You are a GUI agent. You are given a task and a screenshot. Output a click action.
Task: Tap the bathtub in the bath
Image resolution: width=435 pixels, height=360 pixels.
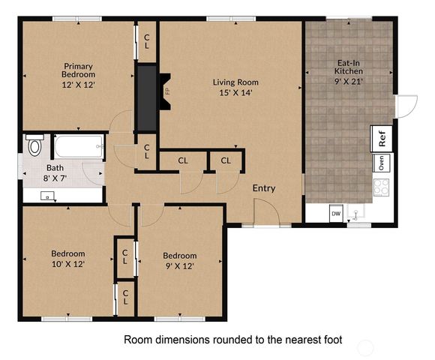[x=76, y=146]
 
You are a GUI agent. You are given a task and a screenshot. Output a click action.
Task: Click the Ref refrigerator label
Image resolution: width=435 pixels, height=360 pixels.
[x=382, y=139]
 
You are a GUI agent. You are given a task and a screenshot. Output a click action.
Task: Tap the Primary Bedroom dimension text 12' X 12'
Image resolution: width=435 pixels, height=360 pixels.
[x=79, y=85]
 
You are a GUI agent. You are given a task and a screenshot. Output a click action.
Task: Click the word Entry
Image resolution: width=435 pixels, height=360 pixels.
[x=264, y=187]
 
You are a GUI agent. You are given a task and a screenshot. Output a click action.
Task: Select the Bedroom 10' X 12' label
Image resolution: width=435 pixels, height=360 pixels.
[x=67, y=259]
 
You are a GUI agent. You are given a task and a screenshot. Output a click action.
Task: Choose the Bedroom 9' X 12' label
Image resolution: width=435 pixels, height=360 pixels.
[x=180, y=260]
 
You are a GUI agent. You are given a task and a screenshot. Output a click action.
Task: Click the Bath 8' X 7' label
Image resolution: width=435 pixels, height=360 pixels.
[x=55, y=174]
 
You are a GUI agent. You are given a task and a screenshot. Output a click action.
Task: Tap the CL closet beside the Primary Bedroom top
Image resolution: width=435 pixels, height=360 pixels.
[x=147, y=41]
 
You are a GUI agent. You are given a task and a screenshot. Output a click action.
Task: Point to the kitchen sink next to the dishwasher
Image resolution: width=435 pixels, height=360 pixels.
[x=358, y=213]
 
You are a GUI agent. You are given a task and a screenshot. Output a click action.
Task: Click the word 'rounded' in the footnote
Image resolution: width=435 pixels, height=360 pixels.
[x=223, y=340]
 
